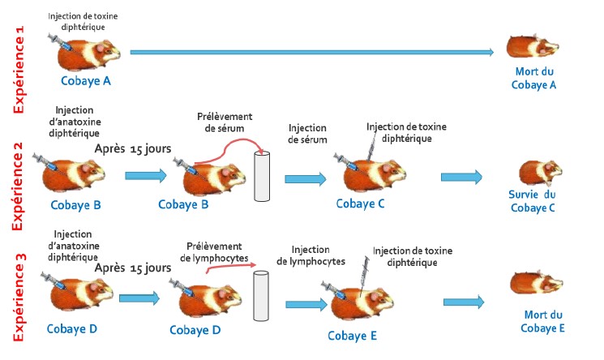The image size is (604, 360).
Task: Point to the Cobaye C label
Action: coord(360,201)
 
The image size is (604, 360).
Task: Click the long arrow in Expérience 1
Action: coord(311,53)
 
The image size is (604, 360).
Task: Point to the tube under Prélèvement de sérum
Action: coord(262,174)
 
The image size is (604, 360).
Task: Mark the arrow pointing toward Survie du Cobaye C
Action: coord(460,177)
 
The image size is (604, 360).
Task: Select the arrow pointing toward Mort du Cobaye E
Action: coord(464,301)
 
